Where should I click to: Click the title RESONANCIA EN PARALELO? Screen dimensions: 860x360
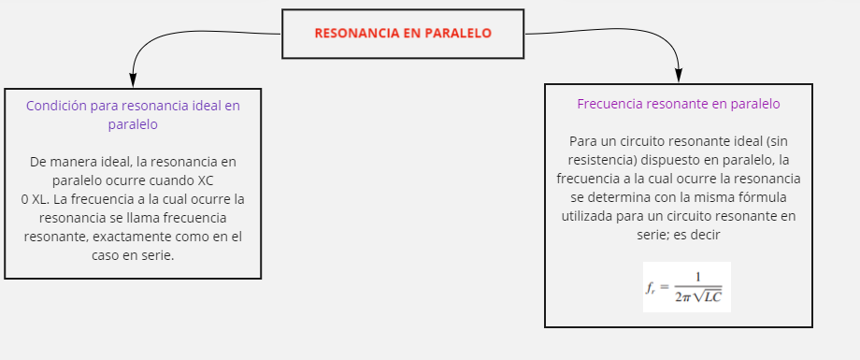coord(403,33)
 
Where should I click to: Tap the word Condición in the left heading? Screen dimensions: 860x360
coord(57,106)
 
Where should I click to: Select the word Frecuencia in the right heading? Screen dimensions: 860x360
coord(611,104)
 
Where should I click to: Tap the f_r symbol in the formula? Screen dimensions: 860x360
coord(651,288)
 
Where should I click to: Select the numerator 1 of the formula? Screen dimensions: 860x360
coord(697,276)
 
